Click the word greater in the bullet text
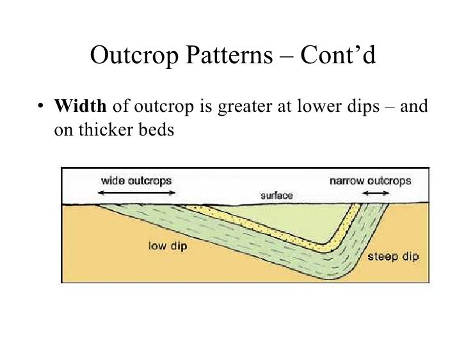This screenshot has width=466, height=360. tap(246, 107)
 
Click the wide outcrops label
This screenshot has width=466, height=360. tap(136, 181)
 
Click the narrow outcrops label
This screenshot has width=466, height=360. tap(370, 181)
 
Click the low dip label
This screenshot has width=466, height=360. tap(167, 245)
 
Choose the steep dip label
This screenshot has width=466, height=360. tap(393, 257)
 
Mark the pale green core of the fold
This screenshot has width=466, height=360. tap(288, 221)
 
